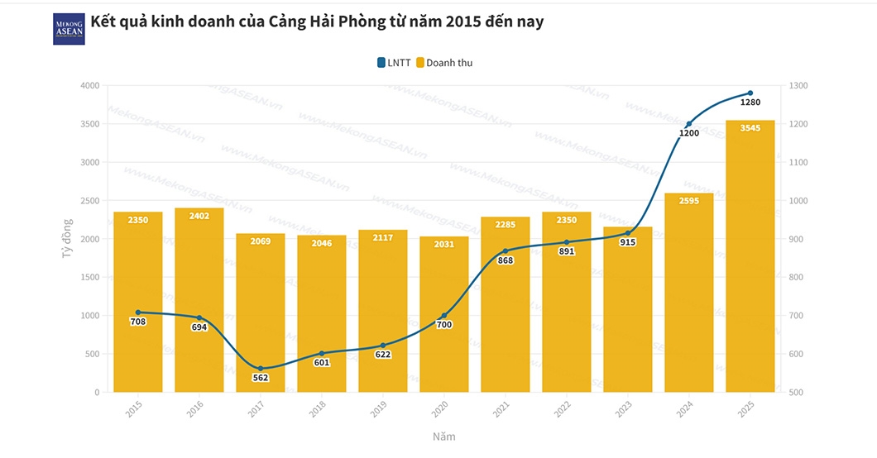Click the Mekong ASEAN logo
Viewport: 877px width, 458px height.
click(69, 28)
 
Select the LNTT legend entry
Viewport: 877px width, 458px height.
click(394, 63)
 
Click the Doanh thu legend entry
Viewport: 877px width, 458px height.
click(444, 63)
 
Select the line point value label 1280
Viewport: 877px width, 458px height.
click(750, 103)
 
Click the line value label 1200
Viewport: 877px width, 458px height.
click(689, 133)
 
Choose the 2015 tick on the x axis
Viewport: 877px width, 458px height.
click(134, 408)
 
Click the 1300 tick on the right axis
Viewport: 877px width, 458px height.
click(799, 86)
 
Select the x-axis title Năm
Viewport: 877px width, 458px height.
click(443, 437)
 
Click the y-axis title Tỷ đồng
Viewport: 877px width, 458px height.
click(68, 239)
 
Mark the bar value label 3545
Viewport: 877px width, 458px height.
click(750, 128)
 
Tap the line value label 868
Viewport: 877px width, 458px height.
click(506, 260)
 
